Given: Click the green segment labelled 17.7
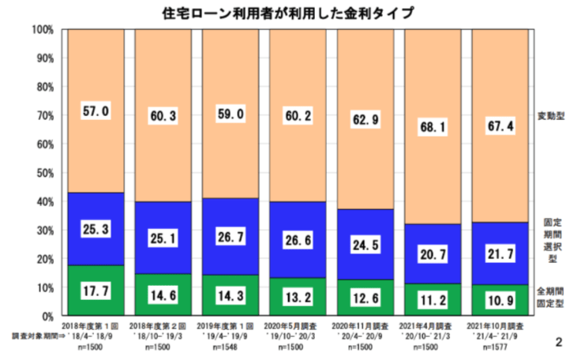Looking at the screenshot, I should (x=95, y=291).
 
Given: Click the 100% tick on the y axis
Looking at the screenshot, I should (x=41, y=30).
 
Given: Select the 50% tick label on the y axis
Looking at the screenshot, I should (x=43, y=173).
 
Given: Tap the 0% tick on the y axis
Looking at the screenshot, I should (x=47, y=316).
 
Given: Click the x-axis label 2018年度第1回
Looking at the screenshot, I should (x=96, y=324).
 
